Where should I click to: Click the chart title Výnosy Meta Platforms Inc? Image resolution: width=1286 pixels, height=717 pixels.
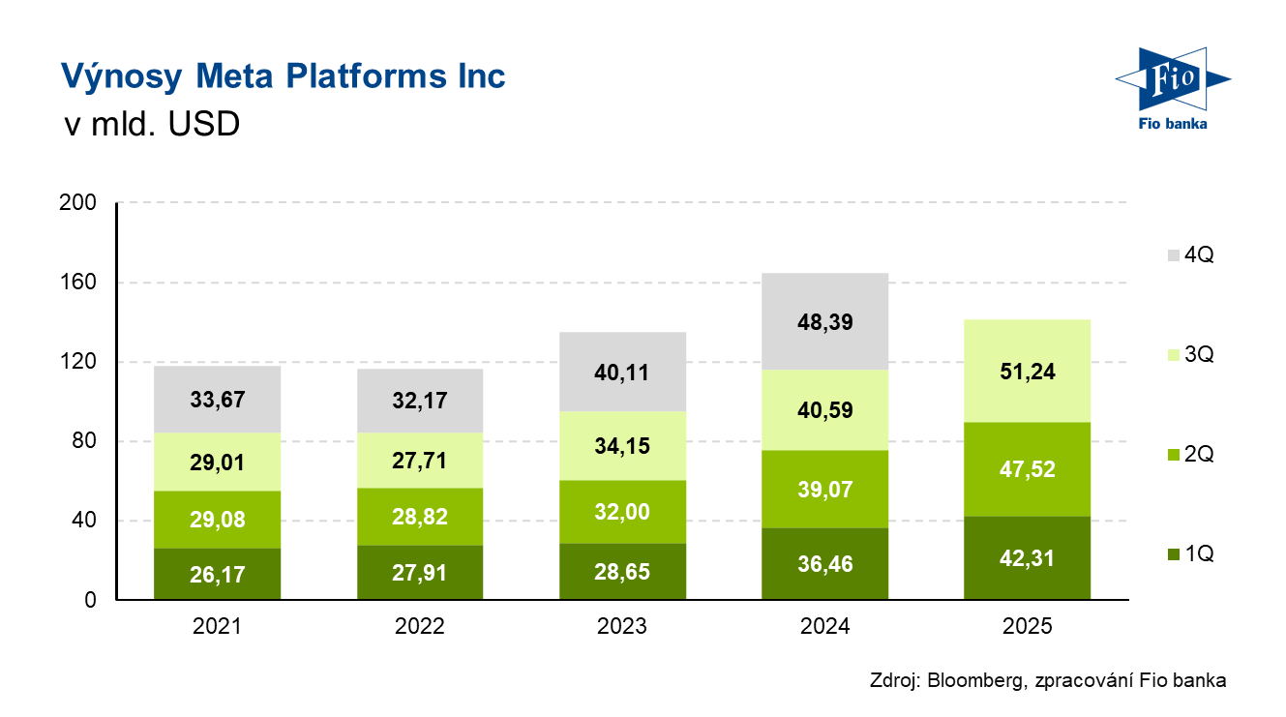pyautogui.click(x=283, y=76)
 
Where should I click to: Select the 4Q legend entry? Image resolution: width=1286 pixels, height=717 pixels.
pyautogui.click(x=1188, y=255)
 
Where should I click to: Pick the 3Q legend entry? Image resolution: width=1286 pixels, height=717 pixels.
pyautogui.click(x=1188, y=354)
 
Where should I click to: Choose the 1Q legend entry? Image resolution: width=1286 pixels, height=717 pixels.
pyautogui.click(x=1188, y=554)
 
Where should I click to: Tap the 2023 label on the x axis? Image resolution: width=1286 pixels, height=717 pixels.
pyautogui.click(x=622, y=626)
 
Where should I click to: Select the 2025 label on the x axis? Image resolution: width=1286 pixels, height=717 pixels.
pyautogui.click(x=1027, y=626)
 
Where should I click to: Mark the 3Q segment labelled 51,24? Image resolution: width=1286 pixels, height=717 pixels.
pyautogui.click(x=1027, y=372)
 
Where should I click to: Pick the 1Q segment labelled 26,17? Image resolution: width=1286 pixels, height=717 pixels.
pyautogui.click(x=217, y=574)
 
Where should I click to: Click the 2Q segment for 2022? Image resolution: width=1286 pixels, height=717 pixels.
pyautogui.click(x=420, y=516)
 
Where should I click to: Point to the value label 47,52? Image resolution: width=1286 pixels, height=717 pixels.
pyautogui.click(x=1027, y=469)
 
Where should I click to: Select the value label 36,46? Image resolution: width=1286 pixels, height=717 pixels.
pyautogui.click(x=825, y=563)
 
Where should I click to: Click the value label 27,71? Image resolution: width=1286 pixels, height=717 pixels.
pyautogui.click(x=420, y=460)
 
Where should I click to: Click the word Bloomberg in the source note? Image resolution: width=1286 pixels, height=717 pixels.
pyautogui.click(x=975, y=680)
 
